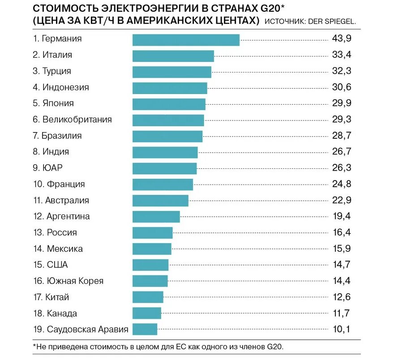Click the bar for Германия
[x=186, y=40]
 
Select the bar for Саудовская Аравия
[x=145, y=329]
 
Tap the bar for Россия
[x=152, y=233]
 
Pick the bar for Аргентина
[x=156, y=217]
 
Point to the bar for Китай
[x=148, y=297]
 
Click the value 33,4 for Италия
[x=341, y=55]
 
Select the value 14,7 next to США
[x=341, y=265]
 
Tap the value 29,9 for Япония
[x=341, y=103]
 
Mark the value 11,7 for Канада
[x=341, y=313]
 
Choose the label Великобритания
[x=77, y=120]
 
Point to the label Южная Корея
[x=75, y=281]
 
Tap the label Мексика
[x=64, y=249]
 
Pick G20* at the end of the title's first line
[x=271, y=9]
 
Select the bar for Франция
[x=163, y=184]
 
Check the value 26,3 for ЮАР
[x=341, y=168]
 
